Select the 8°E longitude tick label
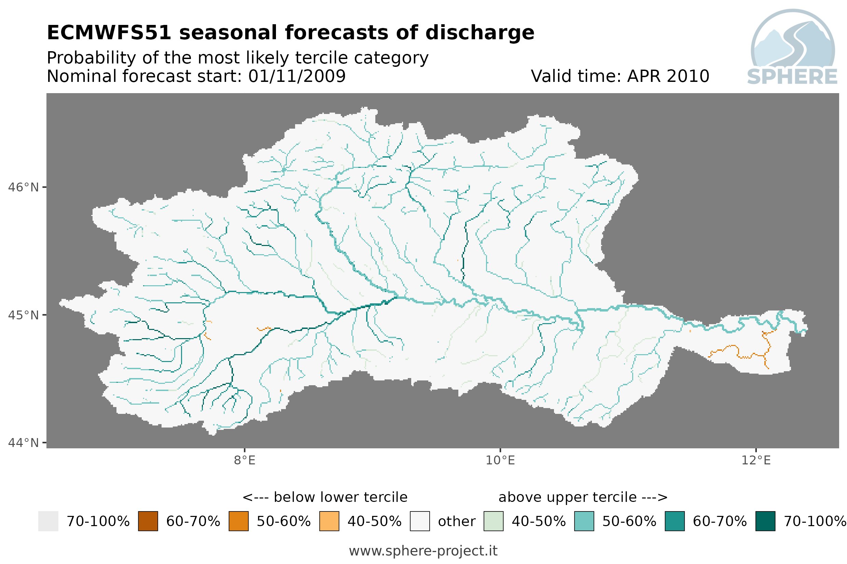(x=245, y=460)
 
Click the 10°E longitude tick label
(x=500, y=460)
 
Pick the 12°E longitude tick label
(x=756, y=460)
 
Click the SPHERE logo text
(x=792, y=77)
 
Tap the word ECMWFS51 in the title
(x=109, y=33)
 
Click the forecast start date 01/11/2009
(x=297, y=76)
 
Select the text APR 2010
(x=668, y=76)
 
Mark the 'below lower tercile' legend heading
(x=325, y=497)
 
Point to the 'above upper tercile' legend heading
(x=583, y=497)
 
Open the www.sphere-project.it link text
(x=423, y=551)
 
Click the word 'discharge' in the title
(x=480, y=33)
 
